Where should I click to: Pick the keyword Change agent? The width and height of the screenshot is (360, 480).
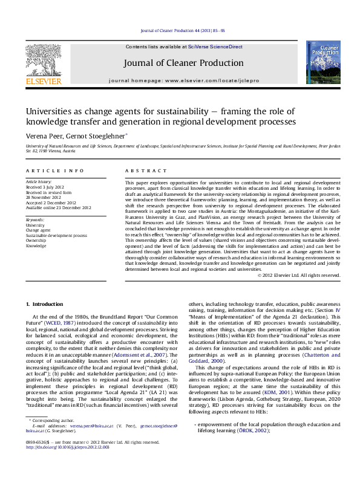coord(38,230)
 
